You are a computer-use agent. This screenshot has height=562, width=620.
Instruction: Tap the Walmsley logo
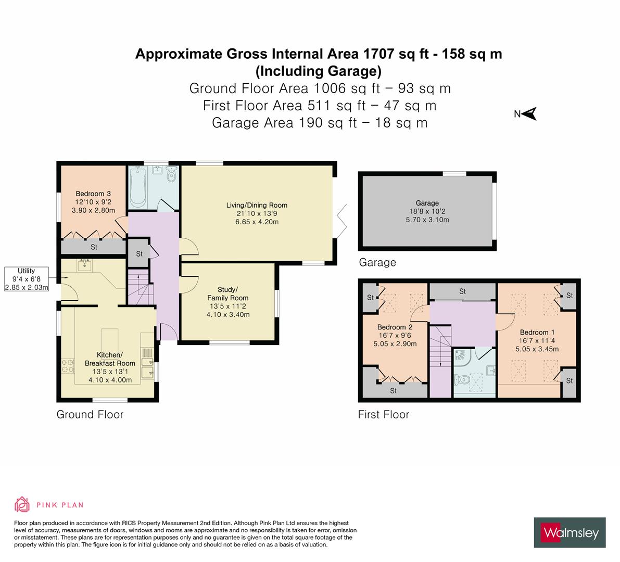click(x=570, y=532)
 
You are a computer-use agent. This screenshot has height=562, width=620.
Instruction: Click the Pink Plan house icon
click(x=22, y=505)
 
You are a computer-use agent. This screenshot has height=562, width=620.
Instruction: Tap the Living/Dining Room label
click(x=257, y=205)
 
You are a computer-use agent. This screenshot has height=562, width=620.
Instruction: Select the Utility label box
click(x=27, y=279)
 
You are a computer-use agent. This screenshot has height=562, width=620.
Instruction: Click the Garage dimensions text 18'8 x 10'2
click(x=427, y=211)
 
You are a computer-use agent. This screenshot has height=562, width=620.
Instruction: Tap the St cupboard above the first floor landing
click(x=462, y=292)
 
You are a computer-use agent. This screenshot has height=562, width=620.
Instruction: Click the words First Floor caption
click(x=383, y=415)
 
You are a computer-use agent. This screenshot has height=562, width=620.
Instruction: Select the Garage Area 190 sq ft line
click(x=320, y=123)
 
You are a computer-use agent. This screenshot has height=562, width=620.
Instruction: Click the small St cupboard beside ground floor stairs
click(x=139, y=254)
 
